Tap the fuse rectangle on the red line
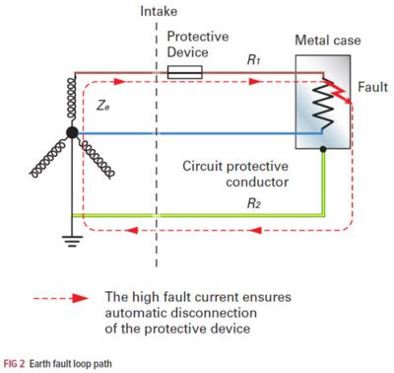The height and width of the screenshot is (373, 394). [185, 71]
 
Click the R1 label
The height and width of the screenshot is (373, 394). [255, 59]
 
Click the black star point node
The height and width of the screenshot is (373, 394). [71, 132]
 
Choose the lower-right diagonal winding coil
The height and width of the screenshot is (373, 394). [102, 157]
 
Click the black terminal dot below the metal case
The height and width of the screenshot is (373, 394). [324, 150]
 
